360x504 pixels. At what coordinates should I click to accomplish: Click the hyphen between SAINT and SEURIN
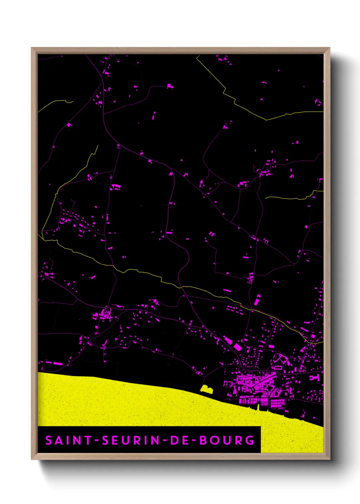[x=96, y=440]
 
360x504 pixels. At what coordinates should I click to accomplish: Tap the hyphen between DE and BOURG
[x=194, y=440]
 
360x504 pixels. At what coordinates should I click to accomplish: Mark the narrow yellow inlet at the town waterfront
[x=258, y=407]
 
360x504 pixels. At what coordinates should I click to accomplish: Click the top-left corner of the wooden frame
[x=32, y=48]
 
